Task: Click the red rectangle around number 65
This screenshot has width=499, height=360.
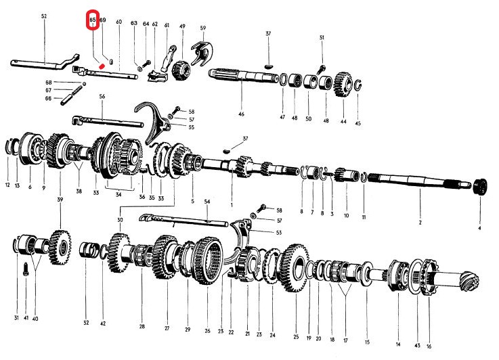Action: tap(93, 21)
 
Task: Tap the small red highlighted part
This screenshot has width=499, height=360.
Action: tap(101, 65)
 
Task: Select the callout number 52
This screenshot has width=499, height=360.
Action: tap(44, 16)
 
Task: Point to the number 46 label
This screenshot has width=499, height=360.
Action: tap(241, 115)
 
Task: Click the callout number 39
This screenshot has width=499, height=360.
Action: tap(60, 200)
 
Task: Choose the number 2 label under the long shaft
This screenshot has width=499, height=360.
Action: tap(420, 223)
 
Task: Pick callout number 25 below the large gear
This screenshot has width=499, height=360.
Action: tap(296, 336)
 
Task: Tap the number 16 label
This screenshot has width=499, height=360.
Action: tap(429, 346)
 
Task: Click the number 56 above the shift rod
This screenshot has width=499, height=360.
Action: tap(102, 97)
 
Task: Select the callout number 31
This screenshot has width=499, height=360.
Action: tap(16, 318)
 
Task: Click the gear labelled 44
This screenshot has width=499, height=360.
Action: tap(342, 87)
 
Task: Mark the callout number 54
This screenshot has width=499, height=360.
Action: tap(207, 202)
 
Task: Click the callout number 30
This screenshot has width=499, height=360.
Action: tap(120, 220)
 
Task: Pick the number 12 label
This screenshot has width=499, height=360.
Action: tap(8, 185)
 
